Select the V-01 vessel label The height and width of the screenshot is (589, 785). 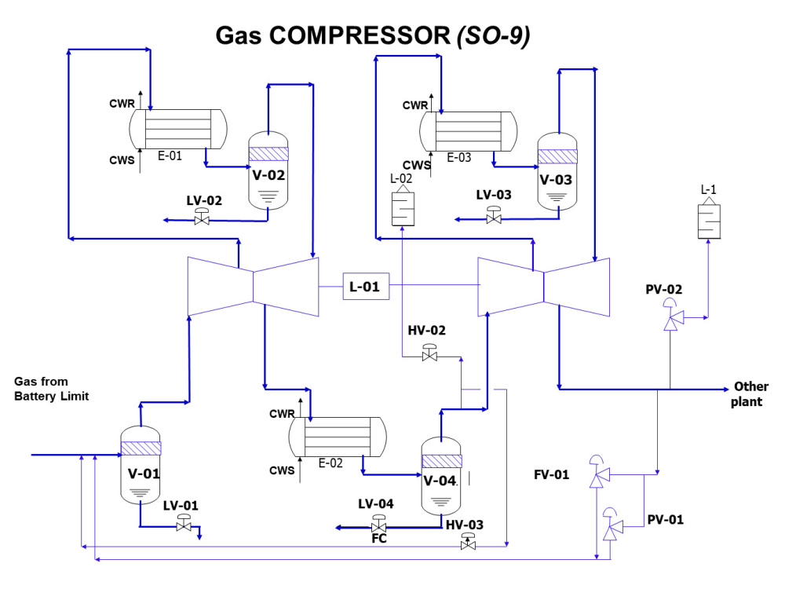click(x=144, y=474)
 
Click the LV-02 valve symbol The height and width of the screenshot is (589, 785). click(x=203, y=220)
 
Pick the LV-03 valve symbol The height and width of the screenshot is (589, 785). click(x=494, y=217)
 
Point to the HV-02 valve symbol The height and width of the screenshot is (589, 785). click(x=429, y=356)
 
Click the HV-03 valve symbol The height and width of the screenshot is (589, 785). click(x=469, y=543)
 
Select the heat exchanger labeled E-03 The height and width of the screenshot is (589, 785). click(x=469, y=130)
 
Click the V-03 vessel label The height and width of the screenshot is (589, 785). click(x=557, y=179)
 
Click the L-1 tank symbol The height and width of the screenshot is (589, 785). click(x=709, y=219)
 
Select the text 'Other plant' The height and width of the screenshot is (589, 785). click(x=751, y=393)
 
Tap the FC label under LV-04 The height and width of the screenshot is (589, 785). click(x=378, y=539)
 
